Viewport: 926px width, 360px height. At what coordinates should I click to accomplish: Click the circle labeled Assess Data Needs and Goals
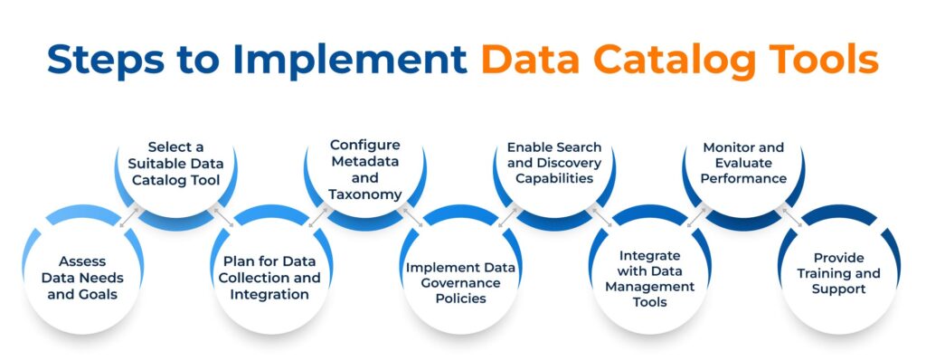pyautogui.click(x=83, y=276)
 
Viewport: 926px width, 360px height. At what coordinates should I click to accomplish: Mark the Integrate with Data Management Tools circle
pyautogui.click(x=650, y=276)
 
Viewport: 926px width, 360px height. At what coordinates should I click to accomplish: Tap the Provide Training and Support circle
pyautogui.click(x=839, y=276)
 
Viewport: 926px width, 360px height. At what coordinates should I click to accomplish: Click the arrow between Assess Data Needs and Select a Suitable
pyautogui.click(x=129, y=218)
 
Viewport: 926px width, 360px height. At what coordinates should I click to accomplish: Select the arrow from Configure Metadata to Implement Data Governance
pyautogui.click(x=413, y=218)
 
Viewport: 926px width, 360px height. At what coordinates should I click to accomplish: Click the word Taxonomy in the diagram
pyautogui.click(x=365, y=194)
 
